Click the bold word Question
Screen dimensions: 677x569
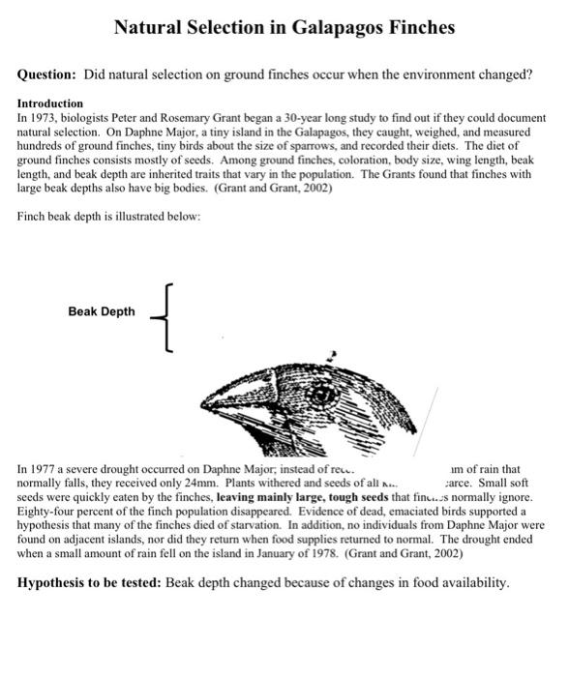point(45,74)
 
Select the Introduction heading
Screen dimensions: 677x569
point(50,103)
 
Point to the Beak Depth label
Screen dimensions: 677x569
point(102,311)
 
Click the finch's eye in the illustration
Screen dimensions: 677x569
point(324,393)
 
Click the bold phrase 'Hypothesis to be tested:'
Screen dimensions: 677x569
point(90,583)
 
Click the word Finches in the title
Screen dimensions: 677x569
point(418,27)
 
